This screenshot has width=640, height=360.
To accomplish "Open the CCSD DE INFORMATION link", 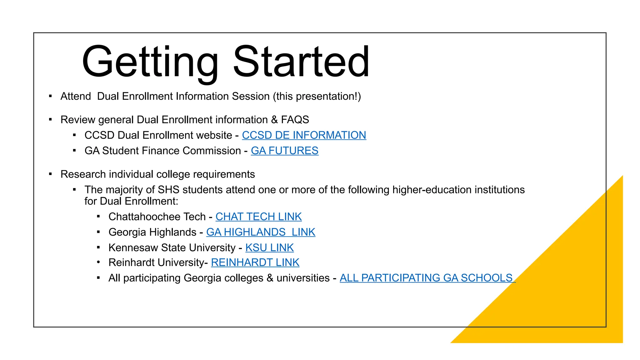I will click(x=304, y=135).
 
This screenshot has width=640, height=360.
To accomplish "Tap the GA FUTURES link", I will click(x=284, y=151).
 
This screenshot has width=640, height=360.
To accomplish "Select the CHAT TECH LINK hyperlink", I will click(x=258, y=217).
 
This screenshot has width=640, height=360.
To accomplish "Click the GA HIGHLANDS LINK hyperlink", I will click(x=261, y=232).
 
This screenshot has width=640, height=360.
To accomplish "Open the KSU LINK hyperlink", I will click(x=269, y=248).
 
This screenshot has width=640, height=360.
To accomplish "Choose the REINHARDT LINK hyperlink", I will click(x=255, y=262).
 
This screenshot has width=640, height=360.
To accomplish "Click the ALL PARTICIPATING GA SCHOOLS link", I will click(x=427, y=278).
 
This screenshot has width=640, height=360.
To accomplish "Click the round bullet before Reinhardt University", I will click(x=98, y=262).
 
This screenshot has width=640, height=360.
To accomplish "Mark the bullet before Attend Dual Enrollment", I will click(x=50, y=96).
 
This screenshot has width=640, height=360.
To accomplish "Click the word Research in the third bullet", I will click(x=83, y=174).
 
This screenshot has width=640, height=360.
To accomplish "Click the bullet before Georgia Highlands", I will click(x=98, y=232).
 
